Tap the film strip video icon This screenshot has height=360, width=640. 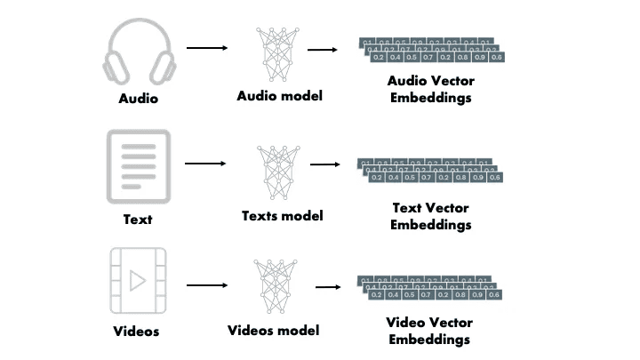137,281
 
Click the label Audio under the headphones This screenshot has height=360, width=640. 138,99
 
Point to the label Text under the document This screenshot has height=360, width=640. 137,220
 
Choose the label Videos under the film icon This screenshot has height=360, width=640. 137,332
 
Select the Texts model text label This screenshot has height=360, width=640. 282,215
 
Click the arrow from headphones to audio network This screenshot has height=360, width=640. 207,48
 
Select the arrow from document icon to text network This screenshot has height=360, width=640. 205,164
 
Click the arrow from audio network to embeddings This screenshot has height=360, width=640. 322,50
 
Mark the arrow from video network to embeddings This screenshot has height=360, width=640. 329,287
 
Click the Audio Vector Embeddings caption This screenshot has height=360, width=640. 431,88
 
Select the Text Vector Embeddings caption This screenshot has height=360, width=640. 431,216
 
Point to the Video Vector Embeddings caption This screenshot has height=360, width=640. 431,330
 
